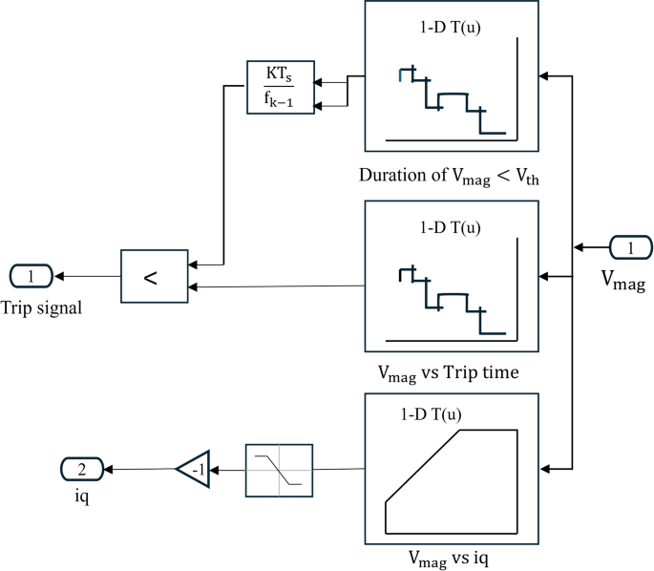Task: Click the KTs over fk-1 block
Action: coord(280,88)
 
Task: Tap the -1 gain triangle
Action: coord(193,469)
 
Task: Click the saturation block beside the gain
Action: coord(279,470)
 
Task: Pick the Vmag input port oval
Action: coord(629,249)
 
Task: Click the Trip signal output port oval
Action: coord(32,277)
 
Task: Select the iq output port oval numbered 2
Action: coord(81,469)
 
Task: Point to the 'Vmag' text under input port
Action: coord(622,279)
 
